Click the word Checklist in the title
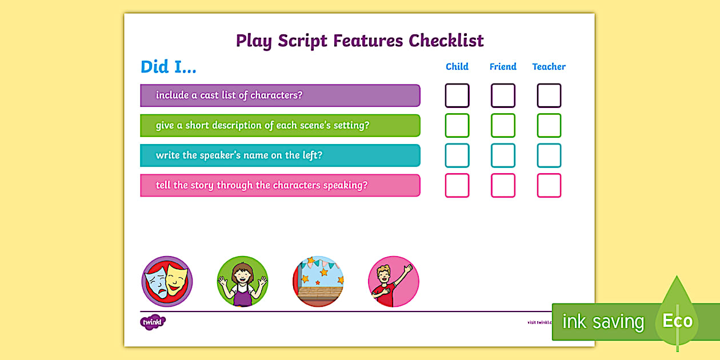[446, 41]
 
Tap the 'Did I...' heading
[169, 67]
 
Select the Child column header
[457, 67]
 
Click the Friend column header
[503, 67]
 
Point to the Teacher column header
[549, 67]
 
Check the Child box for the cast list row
[457, 95]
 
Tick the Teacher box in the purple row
[549, 95]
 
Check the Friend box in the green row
[503, 126]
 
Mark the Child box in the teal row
[457, 155]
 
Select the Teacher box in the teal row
[549, 155]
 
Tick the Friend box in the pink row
[503, 186]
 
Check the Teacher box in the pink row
[549, 186]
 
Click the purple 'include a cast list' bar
[280, 95]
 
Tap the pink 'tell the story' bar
[280, 186]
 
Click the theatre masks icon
[167, 281]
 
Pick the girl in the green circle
[242, 281]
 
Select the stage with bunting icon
[318, 281]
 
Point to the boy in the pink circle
[394, 281]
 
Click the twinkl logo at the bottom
[153, 322]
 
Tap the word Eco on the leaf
[677, 321]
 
